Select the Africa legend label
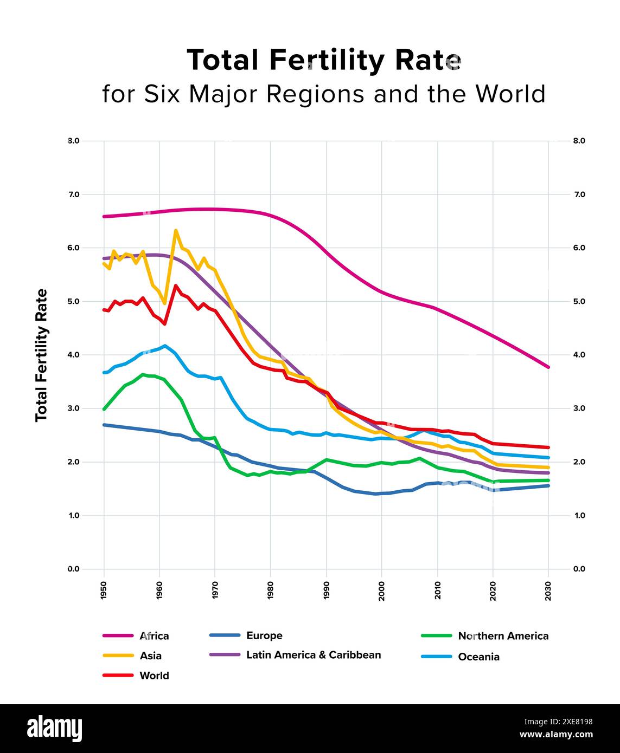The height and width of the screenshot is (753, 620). point(154,636)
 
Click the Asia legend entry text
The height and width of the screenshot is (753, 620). point(150,656)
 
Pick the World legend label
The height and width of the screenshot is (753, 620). point(154,676)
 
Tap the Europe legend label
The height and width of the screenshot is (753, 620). point(264,635)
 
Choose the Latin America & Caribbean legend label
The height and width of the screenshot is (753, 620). point(314,655)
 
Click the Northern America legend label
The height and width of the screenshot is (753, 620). point(503,636)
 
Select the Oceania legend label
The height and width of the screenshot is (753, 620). point(478,657)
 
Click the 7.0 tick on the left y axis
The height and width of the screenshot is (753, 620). point(73,194)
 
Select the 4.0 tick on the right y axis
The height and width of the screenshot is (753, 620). point(579,355)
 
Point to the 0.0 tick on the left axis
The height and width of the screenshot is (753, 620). point(73,569)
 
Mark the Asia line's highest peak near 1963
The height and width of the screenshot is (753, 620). point(176,230)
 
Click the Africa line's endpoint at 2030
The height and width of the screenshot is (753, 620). point(548,367)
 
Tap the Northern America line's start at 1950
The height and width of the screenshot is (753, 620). point(104,409)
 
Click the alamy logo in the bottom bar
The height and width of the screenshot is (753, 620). point(55,729)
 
